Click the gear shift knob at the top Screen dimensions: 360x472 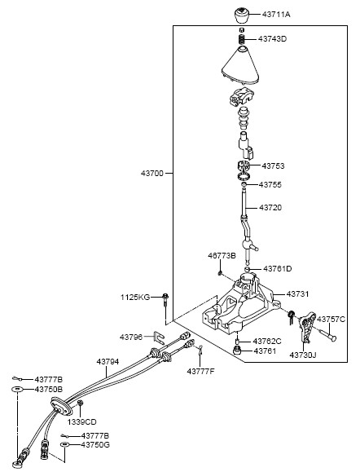click(242, 15)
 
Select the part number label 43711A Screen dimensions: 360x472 click(276, 14)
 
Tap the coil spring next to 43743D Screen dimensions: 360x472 click(242, 39)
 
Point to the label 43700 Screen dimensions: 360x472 click(152, 174)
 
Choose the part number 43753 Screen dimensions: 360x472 click(273, 165)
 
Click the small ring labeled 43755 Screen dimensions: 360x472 click(244, 184)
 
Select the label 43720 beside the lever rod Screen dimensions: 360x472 click(270, 207)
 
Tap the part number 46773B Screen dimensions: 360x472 click(222, 256)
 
